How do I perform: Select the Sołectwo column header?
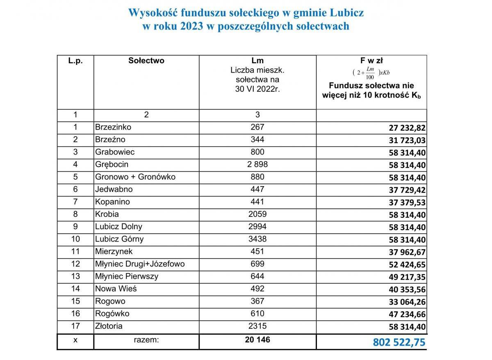(146, 61)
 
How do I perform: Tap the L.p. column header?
(75, 61)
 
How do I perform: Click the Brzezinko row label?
(113, 127)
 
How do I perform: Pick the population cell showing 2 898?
(257, 164)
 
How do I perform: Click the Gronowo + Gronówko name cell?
(135, 177)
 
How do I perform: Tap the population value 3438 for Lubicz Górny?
(257, 239)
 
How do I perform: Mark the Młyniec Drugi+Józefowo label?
(140, 264)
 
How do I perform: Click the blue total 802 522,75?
(399, 342)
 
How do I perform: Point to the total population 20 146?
(257, 340)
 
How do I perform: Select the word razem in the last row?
(146, 340)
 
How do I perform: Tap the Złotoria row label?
(109, 326)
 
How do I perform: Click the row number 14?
(75, 289)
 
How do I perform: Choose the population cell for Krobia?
(257, 214)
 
